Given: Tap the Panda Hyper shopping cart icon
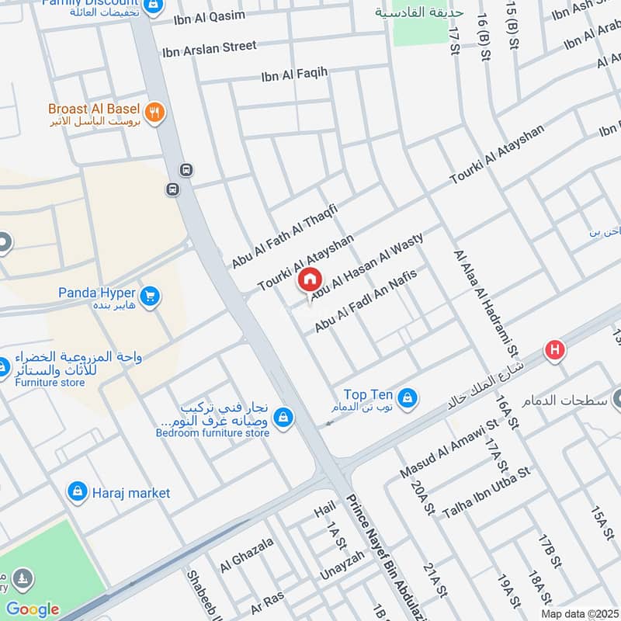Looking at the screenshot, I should click(150, 296).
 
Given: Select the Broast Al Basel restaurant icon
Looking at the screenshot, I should click(154, 112).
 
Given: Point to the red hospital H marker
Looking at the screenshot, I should click(554, 350).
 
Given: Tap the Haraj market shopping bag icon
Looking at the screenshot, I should click(77, 491).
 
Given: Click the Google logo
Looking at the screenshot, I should click(32, 609).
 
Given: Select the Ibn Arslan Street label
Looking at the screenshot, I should click(209, 48).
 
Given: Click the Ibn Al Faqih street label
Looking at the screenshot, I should click(294, 74).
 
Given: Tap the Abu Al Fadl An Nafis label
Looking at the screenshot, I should click(366, 301).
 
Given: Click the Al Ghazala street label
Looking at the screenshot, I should click(247, 555).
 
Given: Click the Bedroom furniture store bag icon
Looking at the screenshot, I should click(283, 417).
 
